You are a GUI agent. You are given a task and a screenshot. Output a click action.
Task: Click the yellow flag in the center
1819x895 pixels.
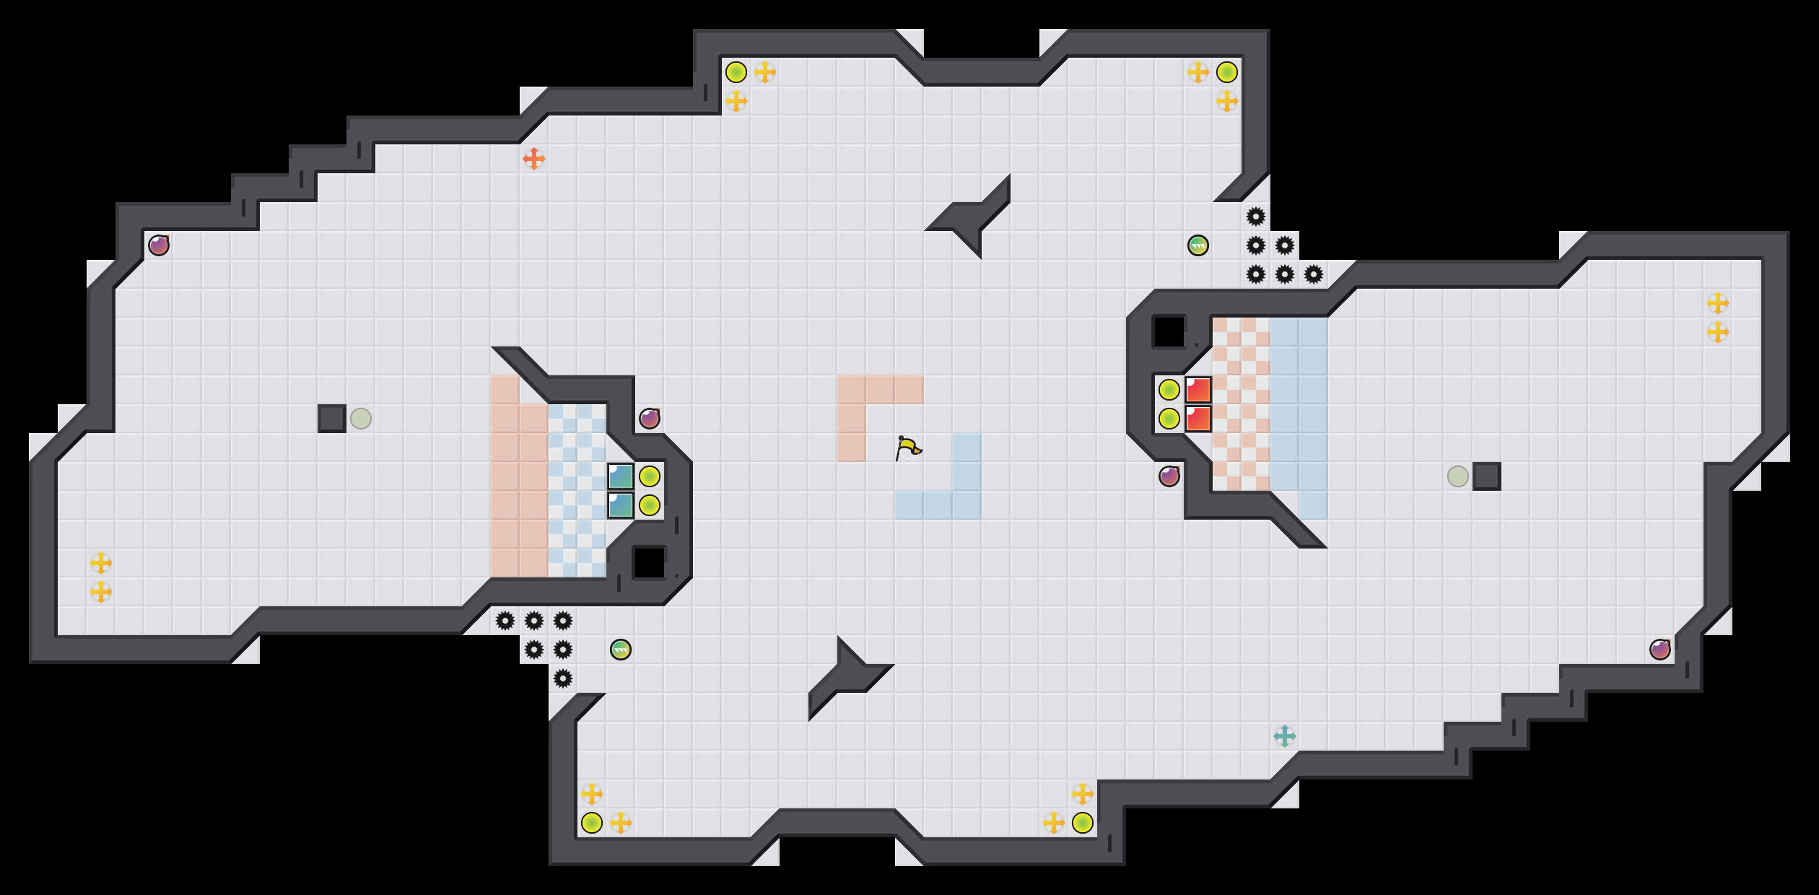(x=908, y=447)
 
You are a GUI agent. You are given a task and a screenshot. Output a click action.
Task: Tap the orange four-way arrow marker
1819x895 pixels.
(x=533, y=159)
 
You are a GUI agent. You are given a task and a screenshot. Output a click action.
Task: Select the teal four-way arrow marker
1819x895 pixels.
(x=1284, y=736)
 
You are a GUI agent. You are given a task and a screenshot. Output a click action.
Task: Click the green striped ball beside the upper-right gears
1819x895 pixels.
(x=1198, y=245)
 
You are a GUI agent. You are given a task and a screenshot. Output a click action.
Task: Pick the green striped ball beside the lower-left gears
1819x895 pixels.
(x=620, y=650)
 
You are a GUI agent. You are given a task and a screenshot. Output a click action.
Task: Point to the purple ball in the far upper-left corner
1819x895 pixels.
(x=159, y=245)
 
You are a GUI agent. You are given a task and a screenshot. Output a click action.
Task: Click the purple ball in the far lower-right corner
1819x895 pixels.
(x=1659, y=650)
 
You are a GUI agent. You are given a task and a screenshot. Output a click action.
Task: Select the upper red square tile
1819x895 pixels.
(x=1198, y=390)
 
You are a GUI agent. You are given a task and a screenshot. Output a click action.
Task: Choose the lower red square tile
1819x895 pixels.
(x=1198, y=419)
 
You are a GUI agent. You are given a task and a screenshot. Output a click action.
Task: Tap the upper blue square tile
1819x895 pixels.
(x=621, y=476)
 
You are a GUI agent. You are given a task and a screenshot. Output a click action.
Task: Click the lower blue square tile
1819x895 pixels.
(x=621, y=505)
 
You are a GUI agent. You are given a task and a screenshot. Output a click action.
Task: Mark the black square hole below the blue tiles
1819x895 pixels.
(x=649, y=563)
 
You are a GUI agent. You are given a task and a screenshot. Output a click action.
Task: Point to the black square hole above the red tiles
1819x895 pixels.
(x=1169, y=332)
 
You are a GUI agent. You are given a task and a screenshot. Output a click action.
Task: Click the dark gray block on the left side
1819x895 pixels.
(x=332, y=419)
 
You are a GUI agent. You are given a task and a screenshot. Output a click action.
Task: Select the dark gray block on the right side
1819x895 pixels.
(x=1487, y=476)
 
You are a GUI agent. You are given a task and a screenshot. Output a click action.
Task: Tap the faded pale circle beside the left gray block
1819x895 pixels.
(x=361, y=419)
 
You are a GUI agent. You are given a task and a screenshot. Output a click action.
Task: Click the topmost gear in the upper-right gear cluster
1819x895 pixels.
(x=1256, y=217)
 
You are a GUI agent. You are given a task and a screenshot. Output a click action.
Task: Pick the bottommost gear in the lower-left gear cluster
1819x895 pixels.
(x=563, y=678)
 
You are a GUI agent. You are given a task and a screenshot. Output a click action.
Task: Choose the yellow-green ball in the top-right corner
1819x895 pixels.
(x=1227, y=72)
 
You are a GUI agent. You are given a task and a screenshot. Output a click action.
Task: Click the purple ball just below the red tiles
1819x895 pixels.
(x=1169, y=476)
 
